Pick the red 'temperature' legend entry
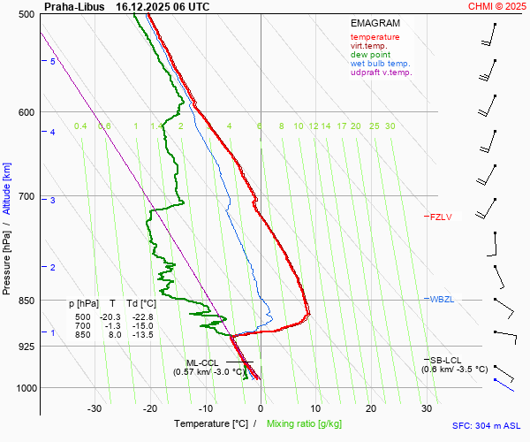tap(375, 37)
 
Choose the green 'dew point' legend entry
tap(371, 55)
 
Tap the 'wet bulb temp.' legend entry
tap(380, 64)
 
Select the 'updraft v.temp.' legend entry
tap(381, 72)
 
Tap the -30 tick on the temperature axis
tap(95, 408)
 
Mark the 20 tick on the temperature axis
tap(371, 408)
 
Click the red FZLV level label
tap(440, 217)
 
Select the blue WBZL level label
tap(441, 300)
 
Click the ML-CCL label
tap(201, 362)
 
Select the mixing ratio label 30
tap(390, 126)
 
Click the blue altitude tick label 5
tap(53, 61)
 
